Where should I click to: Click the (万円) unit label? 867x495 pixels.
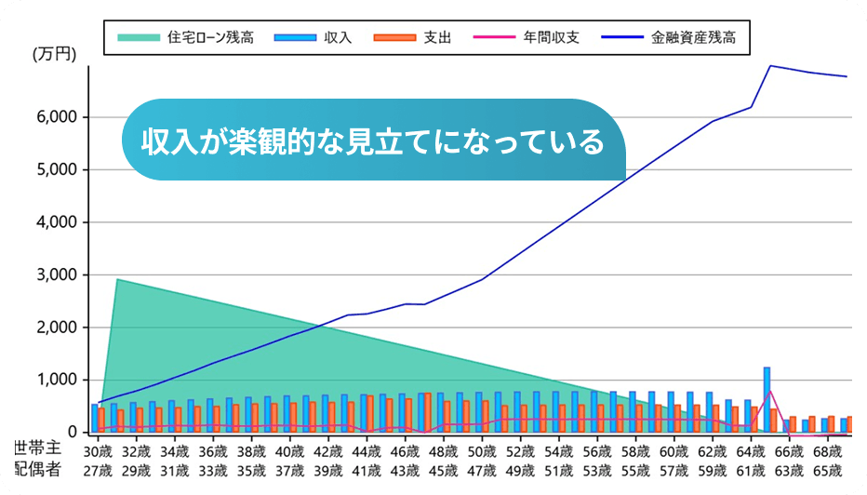tap(54, 55)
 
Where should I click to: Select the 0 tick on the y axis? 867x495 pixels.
tap(73, 433)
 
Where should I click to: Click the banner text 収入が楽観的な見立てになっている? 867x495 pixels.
tap(372, 141)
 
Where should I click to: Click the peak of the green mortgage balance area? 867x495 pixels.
tap(116, 279)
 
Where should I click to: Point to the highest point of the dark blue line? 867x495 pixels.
tap(770, 66)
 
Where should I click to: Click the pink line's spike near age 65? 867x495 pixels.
tap(769, 392)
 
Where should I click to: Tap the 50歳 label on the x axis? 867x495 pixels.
tap(482, 451)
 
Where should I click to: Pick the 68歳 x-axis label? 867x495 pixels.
tap(827, 451)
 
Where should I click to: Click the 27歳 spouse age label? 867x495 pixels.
tap(98, 470)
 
